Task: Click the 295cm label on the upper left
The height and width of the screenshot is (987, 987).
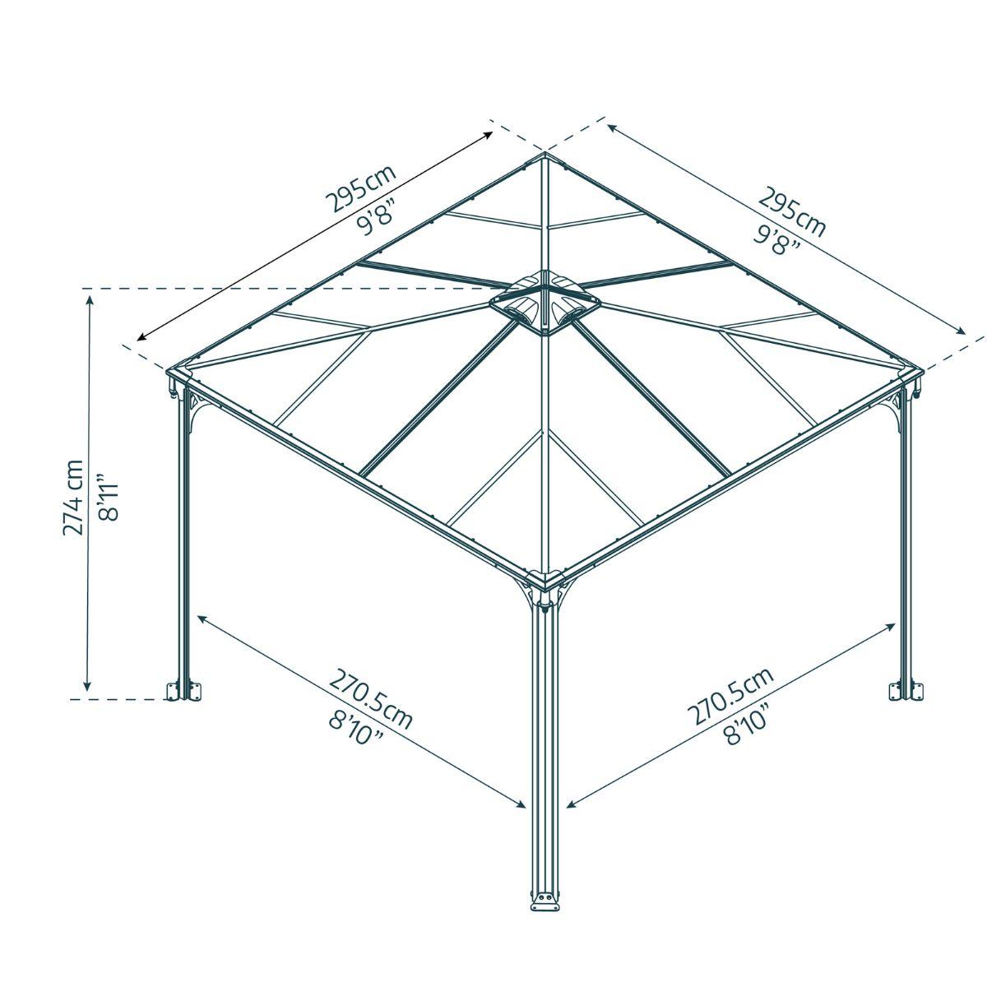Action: tap(360, 189)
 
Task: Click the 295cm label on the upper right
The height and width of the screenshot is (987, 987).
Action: tap(791, 211)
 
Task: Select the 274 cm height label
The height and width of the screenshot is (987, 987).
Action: tap(73, 497)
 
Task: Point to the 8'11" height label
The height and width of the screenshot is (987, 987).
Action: tap(109, 497)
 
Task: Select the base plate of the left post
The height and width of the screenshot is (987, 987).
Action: tap(183, 690)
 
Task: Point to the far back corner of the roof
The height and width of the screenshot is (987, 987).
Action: tap(544, 154)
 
